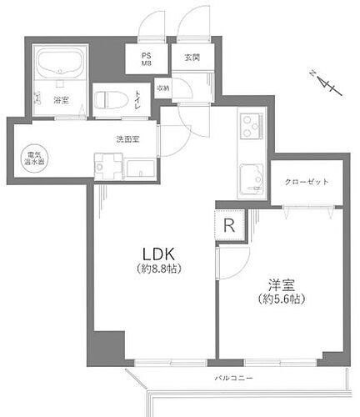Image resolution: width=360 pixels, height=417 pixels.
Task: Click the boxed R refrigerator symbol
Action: (229, 225)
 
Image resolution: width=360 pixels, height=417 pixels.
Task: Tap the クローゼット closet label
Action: (306, 181)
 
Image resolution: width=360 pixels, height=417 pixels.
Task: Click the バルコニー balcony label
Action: (233, 379)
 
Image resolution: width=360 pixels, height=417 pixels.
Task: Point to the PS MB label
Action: (145, 60)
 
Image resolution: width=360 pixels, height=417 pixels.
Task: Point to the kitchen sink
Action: (251, 176)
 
